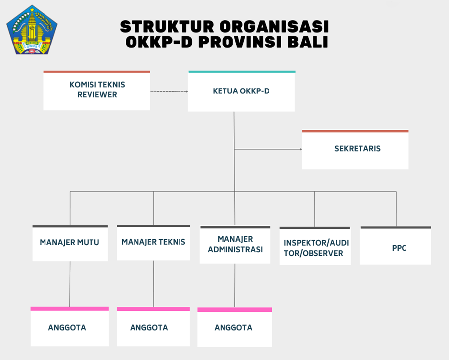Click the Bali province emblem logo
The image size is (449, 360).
click(x=32, y=30)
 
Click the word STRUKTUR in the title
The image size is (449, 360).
click(x=167, y=27)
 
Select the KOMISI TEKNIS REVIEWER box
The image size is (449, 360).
click(x=96, y=90)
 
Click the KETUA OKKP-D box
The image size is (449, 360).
click(x=241, y=91)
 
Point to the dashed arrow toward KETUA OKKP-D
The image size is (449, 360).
click(x=169, y=91)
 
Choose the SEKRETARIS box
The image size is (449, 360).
click(x=355, y=149)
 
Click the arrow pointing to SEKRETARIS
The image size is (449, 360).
click(x=268, y=149)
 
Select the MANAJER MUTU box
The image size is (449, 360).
click(x=70, y=243)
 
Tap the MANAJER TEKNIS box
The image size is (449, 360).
click(x=153, y=243)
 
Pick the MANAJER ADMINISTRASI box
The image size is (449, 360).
click(x=235, y=245)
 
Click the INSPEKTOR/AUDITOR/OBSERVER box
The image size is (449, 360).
click(x=315, y=246)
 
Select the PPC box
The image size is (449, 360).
click(x=396, y=245)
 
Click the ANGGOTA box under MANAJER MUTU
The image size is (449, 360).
click(x=70, y=326)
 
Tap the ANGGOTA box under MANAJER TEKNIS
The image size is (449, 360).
click(x=153, y=326)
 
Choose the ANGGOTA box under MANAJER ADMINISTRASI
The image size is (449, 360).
click(x=235, y=327)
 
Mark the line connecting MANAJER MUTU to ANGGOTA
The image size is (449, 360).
click(x=70, y=284)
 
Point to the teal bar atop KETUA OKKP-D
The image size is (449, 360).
click(x=242, y=72)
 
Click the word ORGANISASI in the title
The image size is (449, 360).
click(x=274, y=27)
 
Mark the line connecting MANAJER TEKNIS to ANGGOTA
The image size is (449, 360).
click(x=153, y=284)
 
